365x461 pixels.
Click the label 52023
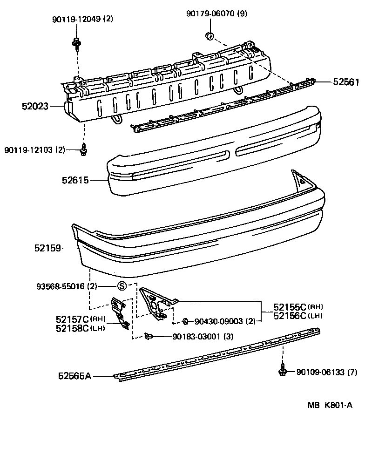click(x=35, y=106)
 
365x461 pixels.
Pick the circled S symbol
click(x=121, y=286)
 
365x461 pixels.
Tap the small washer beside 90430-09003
click(x=185, y=321)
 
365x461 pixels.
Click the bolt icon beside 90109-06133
click(x=282, y=371)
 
